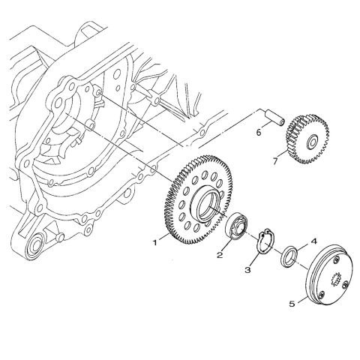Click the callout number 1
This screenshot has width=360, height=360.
pyautogui.click(x=155, y=242)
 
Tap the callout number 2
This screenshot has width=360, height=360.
pyautogui.click(x=220, y=255)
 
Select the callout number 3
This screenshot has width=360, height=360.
pyautogui.click(x=247, y=270)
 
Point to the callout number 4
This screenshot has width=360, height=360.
pyautogui.click(x=313, y=241)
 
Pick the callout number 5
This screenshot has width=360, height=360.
pyautogui.click(x=292, y=304)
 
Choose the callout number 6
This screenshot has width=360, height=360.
pyautogui.click(x=259, y=132)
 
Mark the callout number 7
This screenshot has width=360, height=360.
pyautogui.click(x=275, y=161)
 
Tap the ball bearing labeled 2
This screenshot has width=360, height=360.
pyautogui.click(x=236, y=226)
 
